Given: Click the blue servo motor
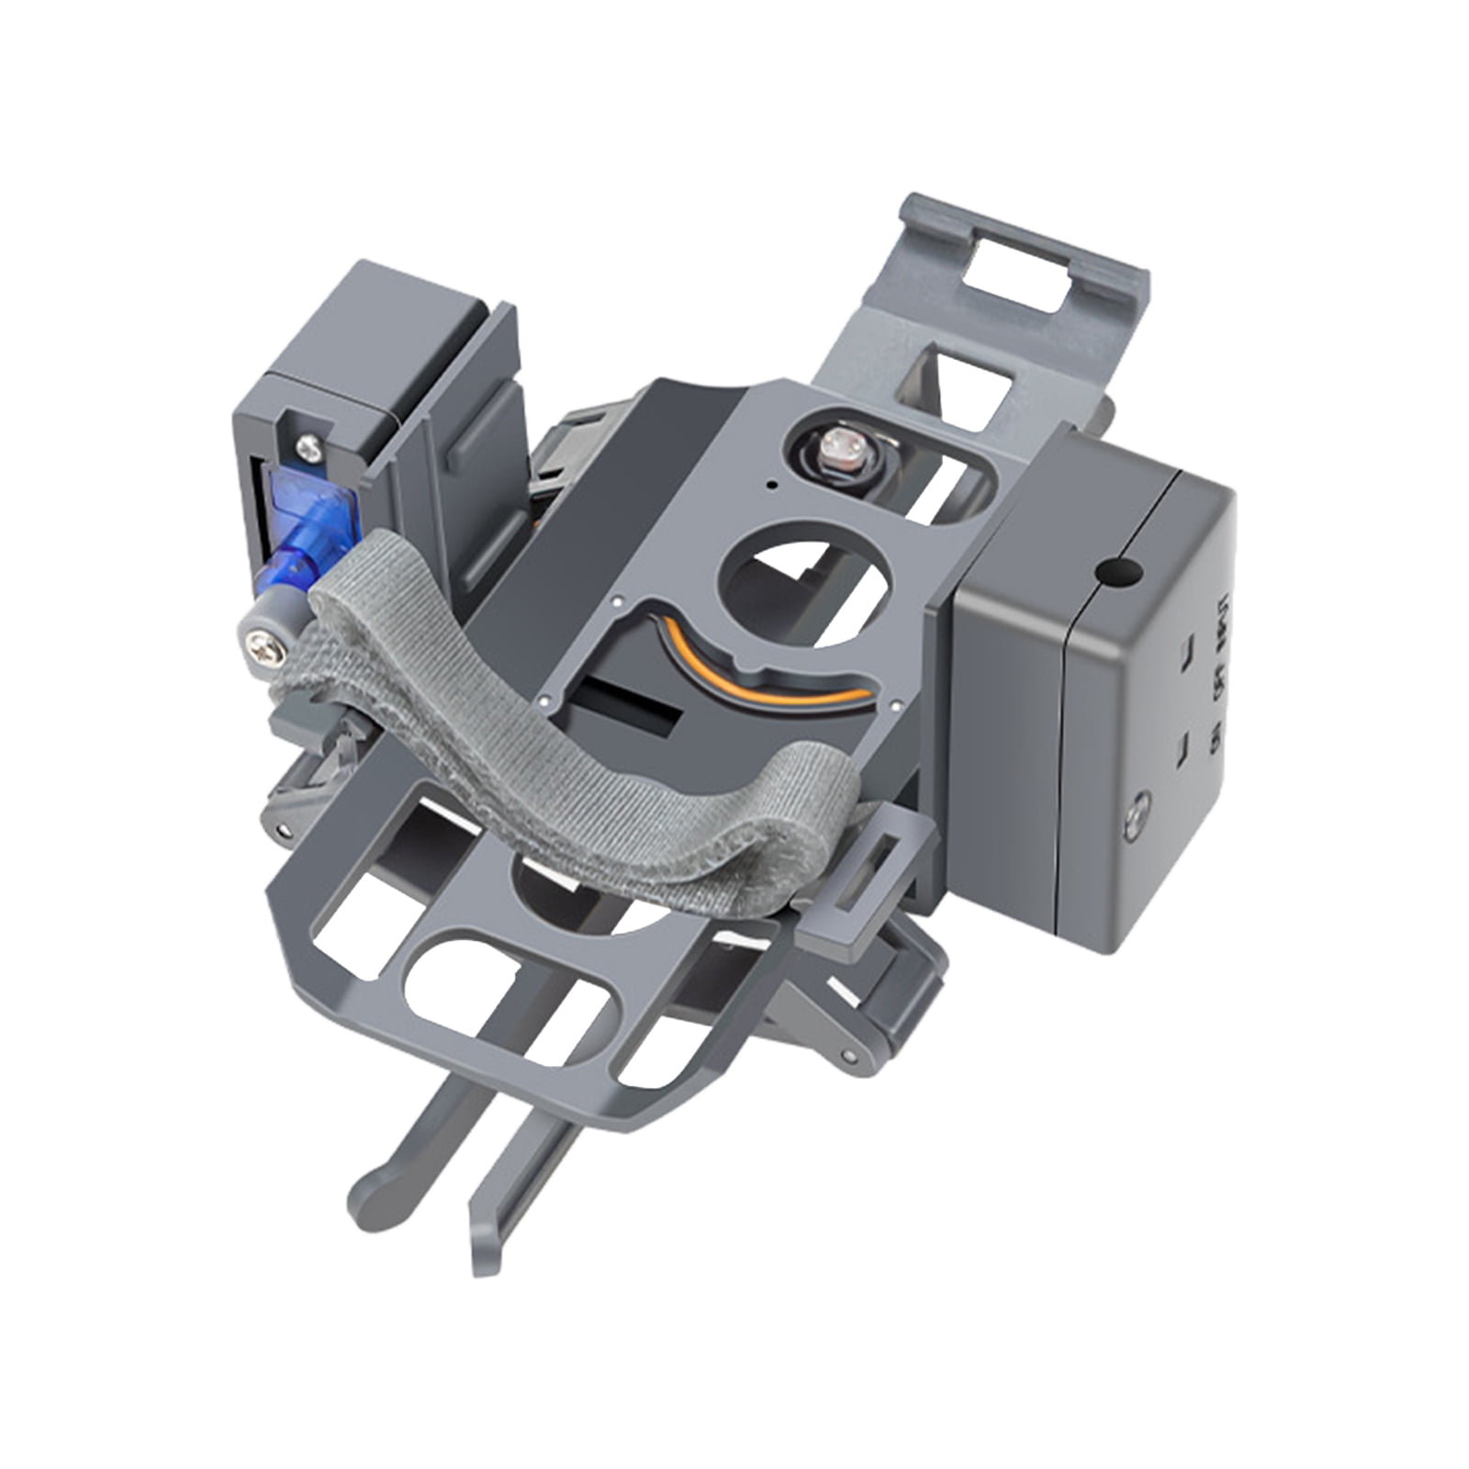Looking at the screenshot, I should (x=308, y=519).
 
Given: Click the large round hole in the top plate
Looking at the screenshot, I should (x=804, y=570).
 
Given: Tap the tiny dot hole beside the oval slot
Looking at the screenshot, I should (x=771, y=483).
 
